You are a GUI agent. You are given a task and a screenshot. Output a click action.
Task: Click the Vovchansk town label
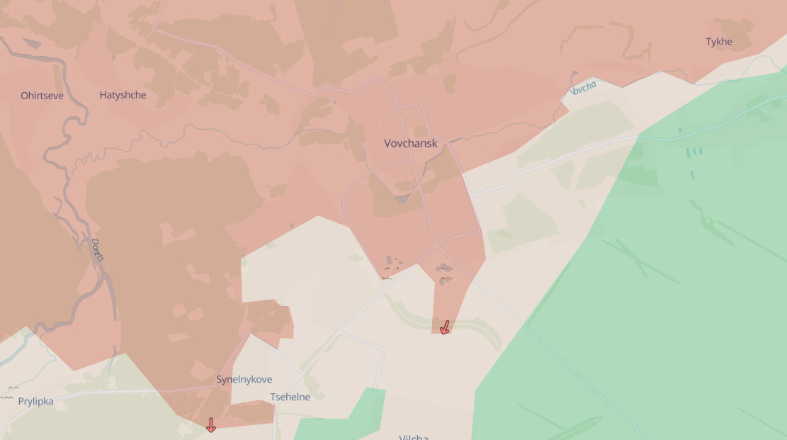[411, 143]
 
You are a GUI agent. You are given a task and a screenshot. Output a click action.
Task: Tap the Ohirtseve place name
[42, 96]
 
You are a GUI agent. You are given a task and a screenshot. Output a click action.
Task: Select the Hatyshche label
[123, 95]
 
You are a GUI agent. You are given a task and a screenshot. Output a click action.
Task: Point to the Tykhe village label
[718, 42]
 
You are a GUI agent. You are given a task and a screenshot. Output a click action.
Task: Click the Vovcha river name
[584, 89]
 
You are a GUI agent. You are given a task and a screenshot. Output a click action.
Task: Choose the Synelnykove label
[244, 380]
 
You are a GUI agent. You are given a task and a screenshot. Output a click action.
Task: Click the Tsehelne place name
[290, 397]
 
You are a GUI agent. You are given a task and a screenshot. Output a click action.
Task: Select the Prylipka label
[35, 401]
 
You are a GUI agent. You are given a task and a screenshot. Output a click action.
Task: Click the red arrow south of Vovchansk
[445, 327]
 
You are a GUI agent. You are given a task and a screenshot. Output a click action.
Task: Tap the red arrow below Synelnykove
[210, 425]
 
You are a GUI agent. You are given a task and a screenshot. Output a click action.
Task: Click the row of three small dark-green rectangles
[693, 151]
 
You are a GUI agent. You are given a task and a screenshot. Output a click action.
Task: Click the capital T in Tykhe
[708, 42]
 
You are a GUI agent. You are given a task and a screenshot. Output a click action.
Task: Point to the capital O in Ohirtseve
[25, 96]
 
